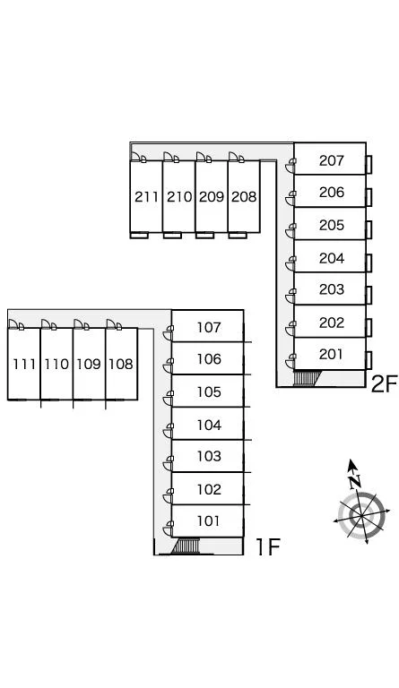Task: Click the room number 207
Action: pos(332,160)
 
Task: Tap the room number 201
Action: pos(331,354)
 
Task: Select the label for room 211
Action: pos(146,196)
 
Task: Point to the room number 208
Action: pos(244,196)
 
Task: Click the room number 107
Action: pos(209,327)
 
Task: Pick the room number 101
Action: pos(208,520)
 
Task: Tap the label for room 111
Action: pos(24,364)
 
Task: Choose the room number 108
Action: pos(121,364)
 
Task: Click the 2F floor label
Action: pos(384,384)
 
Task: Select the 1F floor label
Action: pos(267,546)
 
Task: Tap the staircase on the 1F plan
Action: pos(185,546)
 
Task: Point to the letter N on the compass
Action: pos(355,482)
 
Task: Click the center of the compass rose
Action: pos(360,513)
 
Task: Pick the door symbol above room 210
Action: pos(171,157)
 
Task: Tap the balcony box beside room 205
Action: pos(369,229)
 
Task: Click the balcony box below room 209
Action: pos(204,236)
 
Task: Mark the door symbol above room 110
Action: pos(49,324)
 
